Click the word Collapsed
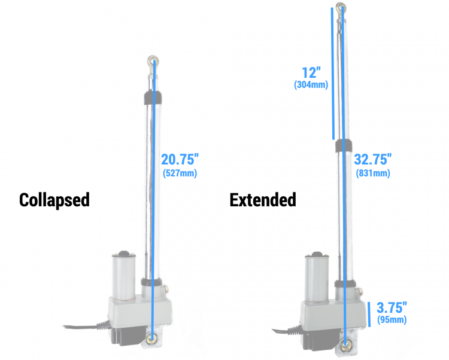click(x=54, y=200)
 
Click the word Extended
click(x=263, y=200)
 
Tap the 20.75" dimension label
click(x=180, y=159)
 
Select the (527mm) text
click(x=180, y=173)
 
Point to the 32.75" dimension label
click(x=373, y=159)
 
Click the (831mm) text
click(x=373, y=173)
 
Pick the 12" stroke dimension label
click(x=311, y=72)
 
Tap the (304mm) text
click(x=311, y=85)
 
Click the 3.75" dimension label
click(x=392, y=307)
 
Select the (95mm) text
click(x=392, y=319)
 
